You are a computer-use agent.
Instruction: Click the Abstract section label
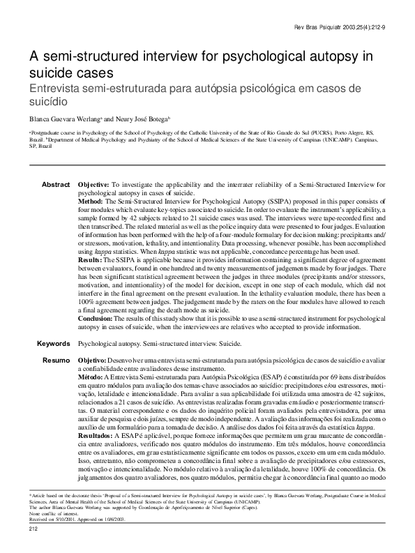pos(56,184)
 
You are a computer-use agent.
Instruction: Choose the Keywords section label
pos(53,344)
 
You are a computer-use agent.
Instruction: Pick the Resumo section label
pos(56,360)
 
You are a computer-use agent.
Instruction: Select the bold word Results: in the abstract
pos(91,259)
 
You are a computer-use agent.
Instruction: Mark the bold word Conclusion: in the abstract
pos(96,318)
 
